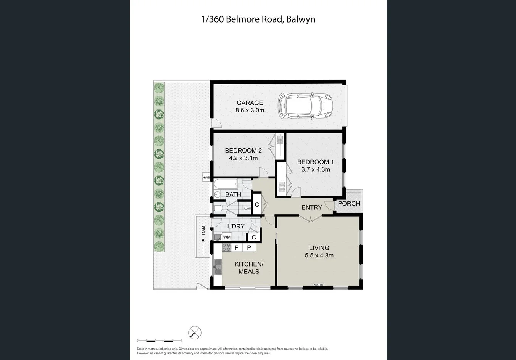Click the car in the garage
tap(305, 105)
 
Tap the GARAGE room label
tap(250, 103)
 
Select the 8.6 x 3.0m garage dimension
tap(250, 111)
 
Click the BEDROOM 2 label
tap(243, 150)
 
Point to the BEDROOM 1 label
tap(315, 162)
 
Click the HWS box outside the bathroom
tap(206, 177)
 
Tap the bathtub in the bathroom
tap(226, 184)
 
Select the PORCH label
tap(349, 203)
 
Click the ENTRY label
tap(311, 207)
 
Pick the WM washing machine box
tap(227, 237)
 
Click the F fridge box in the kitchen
tap(236, 248)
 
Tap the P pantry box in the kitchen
tap(249, 248)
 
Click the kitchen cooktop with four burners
tap(226, 247)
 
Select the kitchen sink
tap(218, 266)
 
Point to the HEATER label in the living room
tap(318, 285)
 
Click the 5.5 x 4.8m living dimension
tap(319, 256)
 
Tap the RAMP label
tap(203, 228)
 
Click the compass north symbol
tap(195, 333)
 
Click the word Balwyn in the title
tap(300, 19)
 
